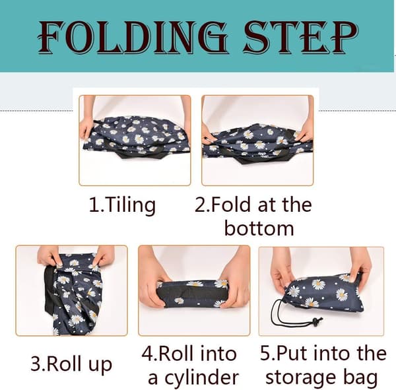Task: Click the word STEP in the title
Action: click(300, 38)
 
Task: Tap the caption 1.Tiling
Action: click(122, 205)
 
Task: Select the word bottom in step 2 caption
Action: click(259, 228)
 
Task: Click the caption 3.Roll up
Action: click(71, 365)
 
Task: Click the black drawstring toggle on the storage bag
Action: click(315, 322)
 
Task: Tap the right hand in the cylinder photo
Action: click(234, 280)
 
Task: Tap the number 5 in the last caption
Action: click(265, 354)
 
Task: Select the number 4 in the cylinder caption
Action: click(147, 354)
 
